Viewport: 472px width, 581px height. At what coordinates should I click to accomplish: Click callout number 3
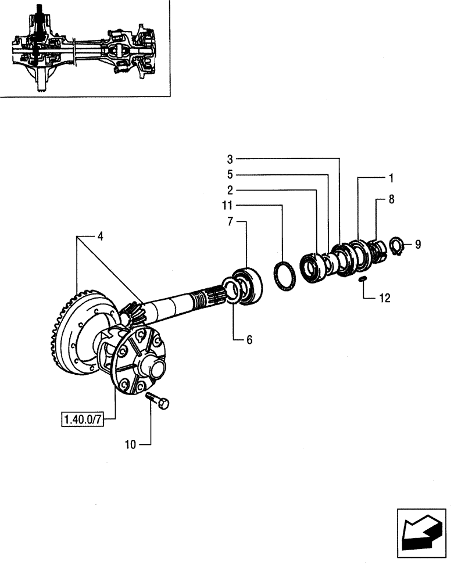tap(230, 159)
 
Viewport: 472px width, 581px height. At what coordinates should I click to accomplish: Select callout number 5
tap(230, 174)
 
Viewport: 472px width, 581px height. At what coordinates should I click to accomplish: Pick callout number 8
tap(391, 199)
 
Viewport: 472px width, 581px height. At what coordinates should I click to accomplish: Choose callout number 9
tap(417, 245)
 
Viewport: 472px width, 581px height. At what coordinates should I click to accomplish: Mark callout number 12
tap(385, 298)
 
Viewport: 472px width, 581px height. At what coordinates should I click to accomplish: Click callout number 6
tap(249, 340)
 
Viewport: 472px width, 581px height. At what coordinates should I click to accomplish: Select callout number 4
tap(100, 236)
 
